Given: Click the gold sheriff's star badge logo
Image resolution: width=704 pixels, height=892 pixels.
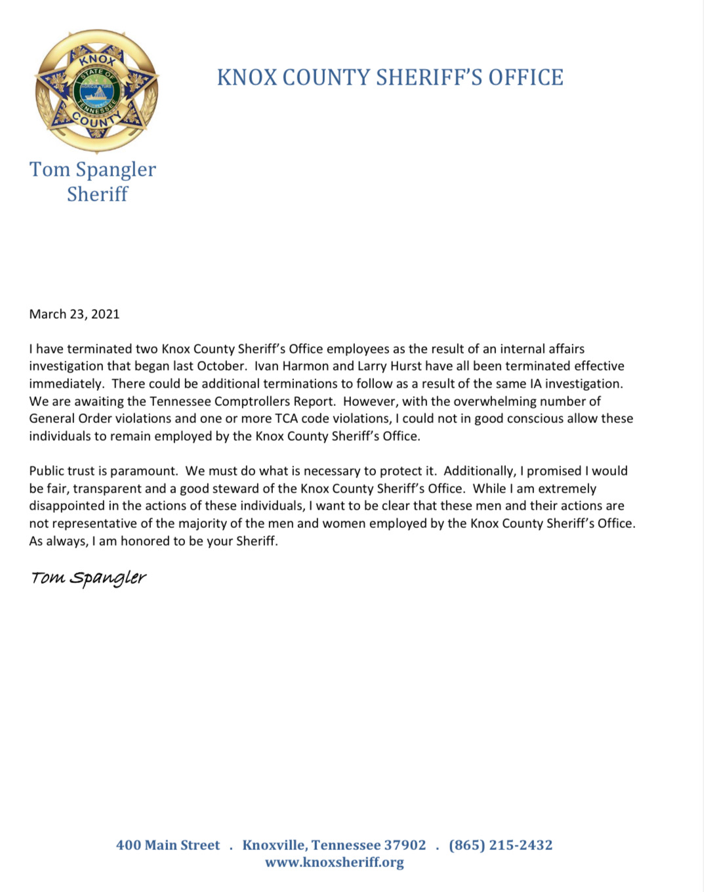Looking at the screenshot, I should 97,91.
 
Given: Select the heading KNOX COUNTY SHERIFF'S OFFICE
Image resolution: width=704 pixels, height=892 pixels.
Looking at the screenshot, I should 390,77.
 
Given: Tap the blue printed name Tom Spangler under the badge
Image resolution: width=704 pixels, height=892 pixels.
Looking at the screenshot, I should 93,169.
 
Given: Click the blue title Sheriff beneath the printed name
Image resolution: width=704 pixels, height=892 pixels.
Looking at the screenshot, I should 97,194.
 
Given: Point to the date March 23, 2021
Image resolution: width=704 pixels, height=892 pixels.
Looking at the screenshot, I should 74,314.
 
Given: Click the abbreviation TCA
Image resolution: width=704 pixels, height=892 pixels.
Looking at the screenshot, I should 286,418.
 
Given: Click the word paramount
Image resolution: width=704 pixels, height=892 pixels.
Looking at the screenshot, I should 144,471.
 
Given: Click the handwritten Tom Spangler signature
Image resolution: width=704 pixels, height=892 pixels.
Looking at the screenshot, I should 89,578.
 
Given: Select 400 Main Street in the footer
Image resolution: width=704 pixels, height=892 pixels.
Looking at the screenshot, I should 168,845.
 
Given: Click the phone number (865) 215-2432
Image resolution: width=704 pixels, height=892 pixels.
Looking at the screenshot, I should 501,845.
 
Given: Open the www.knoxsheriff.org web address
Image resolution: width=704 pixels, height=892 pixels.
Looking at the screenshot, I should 335,862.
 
